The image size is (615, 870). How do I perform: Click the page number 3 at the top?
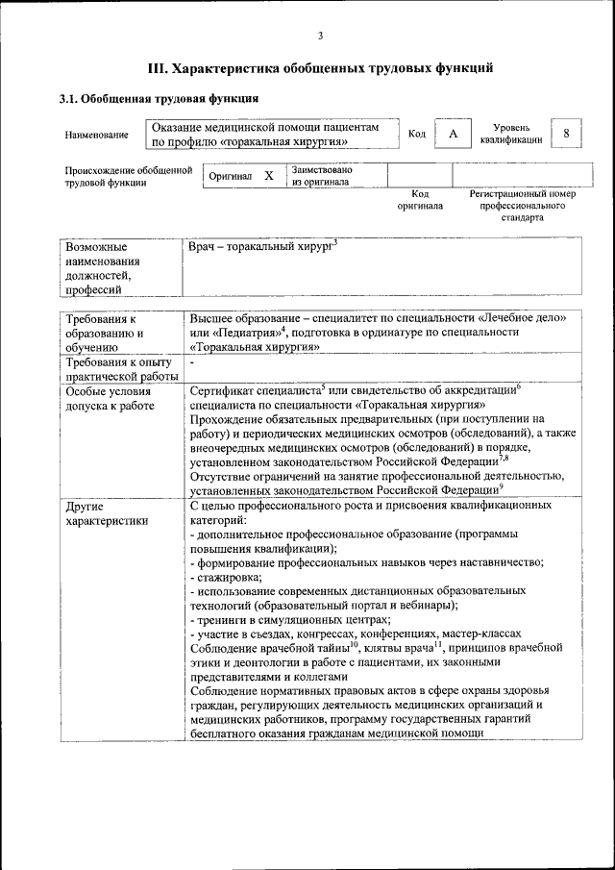[320, 37]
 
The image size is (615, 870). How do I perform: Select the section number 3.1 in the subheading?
[69, 98]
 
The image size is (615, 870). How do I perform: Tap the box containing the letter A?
[452, 134]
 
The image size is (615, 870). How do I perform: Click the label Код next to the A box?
[416, 134]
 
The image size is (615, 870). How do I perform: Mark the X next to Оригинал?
[268, 176]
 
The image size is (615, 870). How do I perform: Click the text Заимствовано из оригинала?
[322, 176]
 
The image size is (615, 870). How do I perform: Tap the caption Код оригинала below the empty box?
[420, 200]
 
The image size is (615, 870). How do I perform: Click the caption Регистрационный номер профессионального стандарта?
[522, 206]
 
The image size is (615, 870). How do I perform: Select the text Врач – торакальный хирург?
[260, 248]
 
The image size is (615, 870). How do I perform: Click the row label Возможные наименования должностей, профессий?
[103, 267]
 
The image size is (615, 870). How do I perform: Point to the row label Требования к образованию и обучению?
[104, 333]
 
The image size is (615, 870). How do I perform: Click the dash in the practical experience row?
[192, 362]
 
